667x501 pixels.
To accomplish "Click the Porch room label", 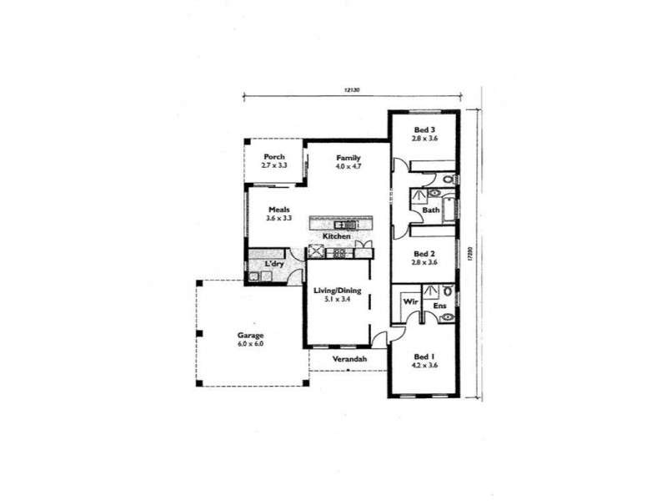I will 274,156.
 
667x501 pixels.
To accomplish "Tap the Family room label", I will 349,157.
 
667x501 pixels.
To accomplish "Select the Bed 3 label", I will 424,129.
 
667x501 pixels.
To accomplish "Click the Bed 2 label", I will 424,254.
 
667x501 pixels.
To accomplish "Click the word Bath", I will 430,210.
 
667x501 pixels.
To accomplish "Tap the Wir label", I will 410,300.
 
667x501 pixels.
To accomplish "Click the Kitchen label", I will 337,236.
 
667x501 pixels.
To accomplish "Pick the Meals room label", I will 278,210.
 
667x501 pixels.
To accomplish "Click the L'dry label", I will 273,265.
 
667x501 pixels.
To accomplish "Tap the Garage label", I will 250,335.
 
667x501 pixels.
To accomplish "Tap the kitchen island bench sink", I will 344,224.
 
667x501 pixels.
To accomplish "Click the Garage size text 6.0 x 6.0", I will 250,343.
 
